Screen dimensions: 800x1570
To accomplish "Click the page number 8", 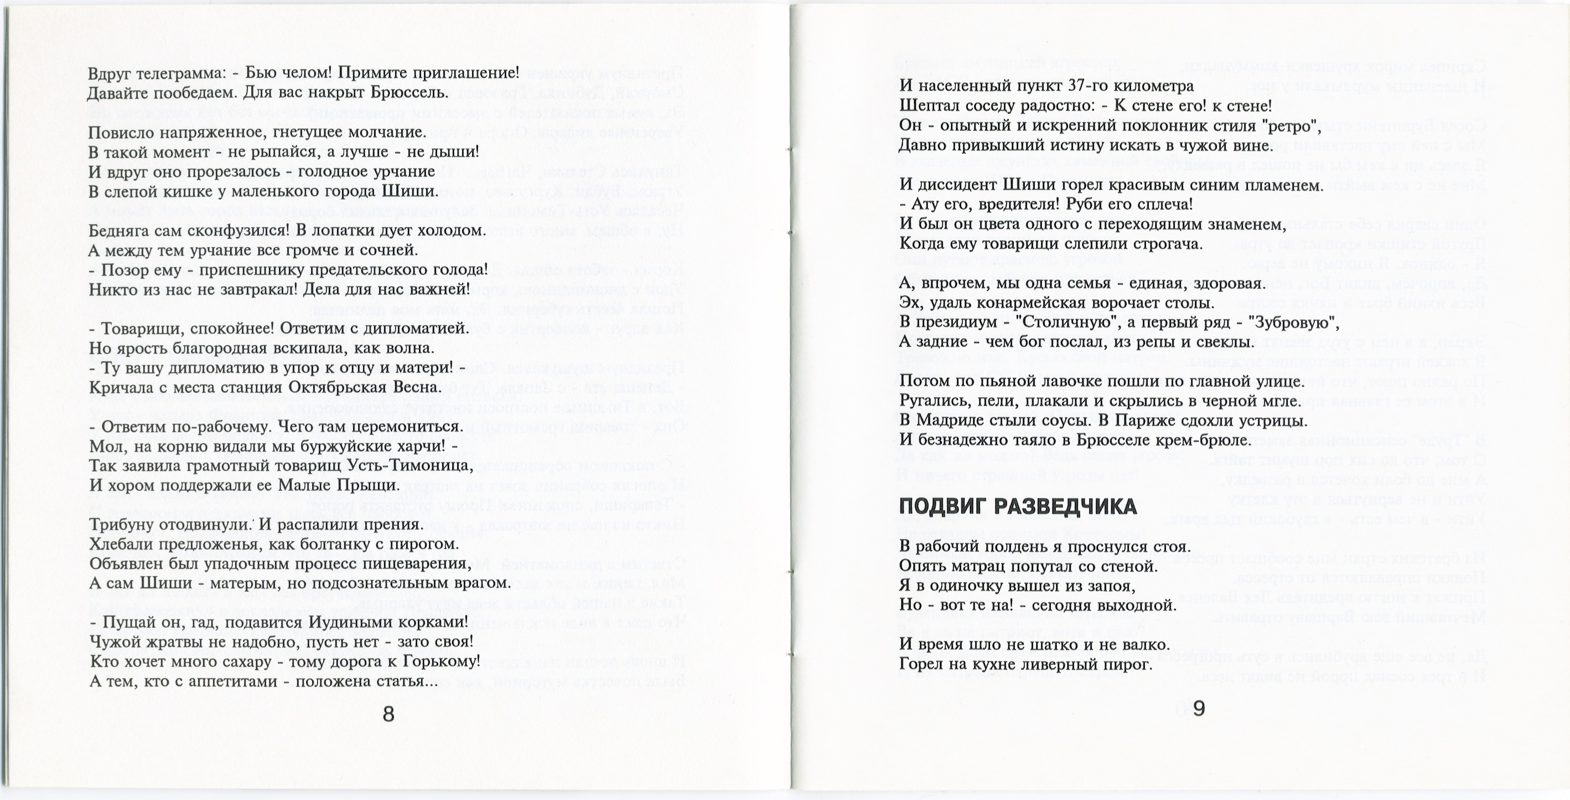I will click(x=388, y=714).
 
